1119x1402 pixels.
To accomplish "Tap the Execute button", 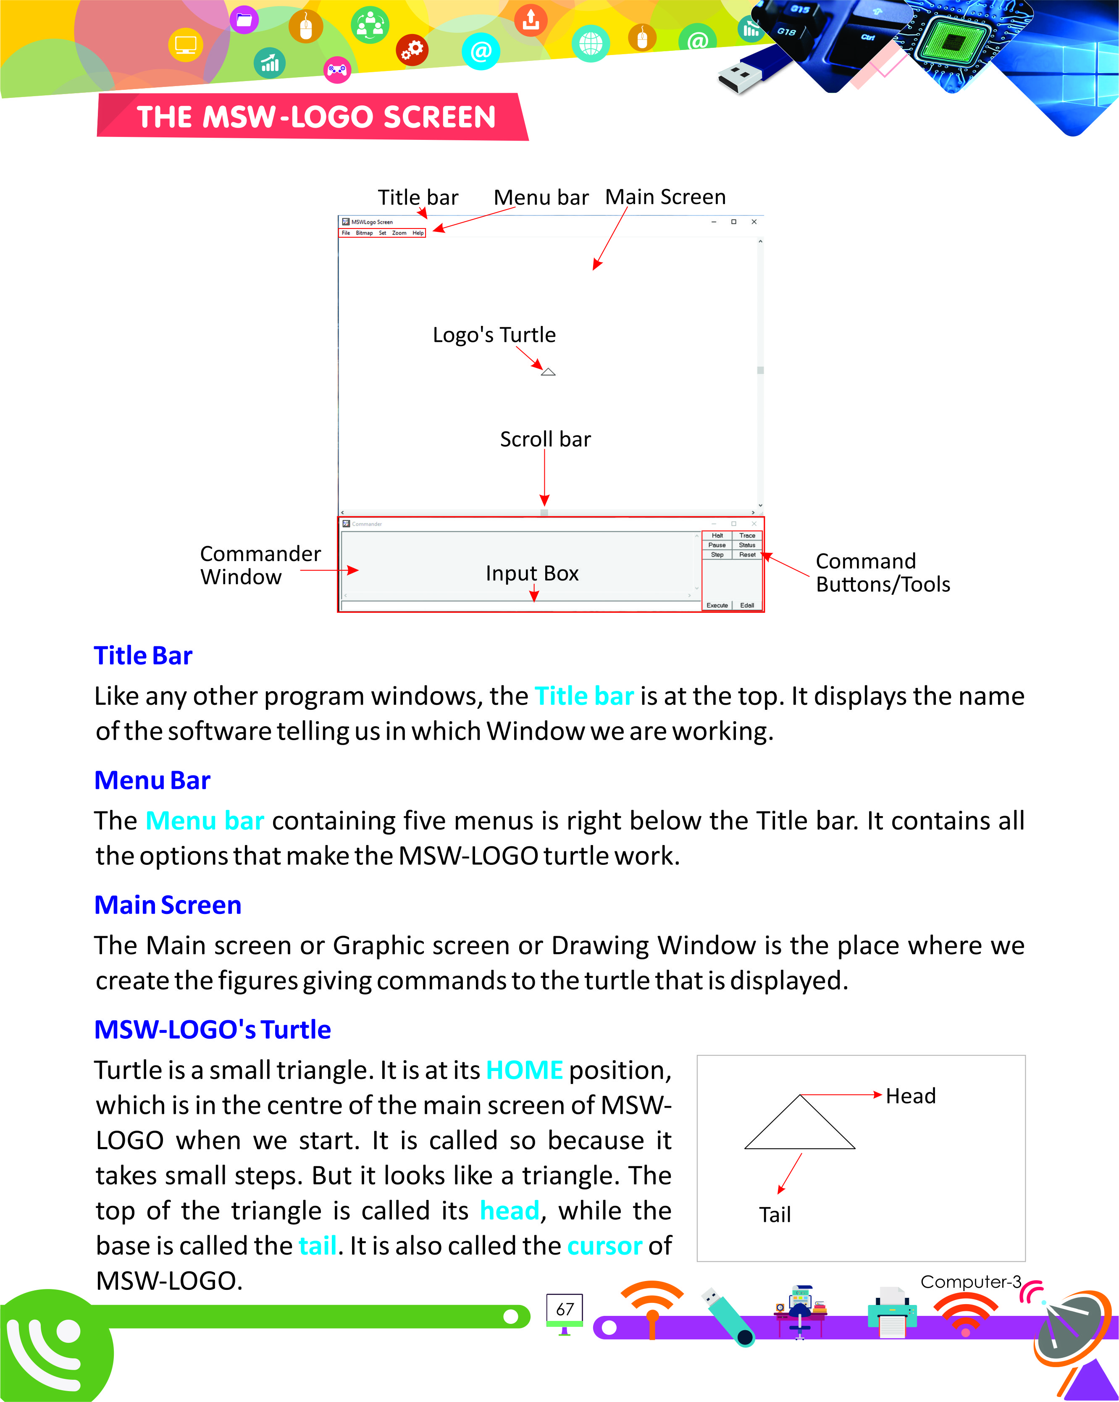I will [717, 605].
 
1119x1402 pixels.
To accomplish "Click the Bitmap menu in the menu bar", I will [364, 233].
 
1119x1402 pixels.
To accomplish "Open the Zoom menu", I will [399, 233].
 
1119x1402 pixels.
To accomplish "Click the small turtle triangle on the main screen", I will [548, 372].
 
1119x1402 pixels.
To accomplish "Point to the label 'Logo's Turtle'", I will [494, 335].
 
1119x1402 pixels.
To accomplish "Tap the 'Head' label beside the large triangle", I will [910, 1096].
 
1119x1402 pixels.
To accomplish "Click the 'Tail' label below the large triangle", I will [775, 1215].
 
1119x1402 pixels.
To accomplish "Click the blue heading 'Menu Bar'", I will [152, 780].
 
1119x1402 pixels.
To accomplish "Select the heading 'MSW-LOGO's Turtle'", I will [213, 1030].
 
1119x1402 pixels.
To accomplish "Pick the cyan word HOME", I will [524, 1070].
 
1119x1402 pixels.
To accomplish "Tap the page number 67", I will [565, 1309].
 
